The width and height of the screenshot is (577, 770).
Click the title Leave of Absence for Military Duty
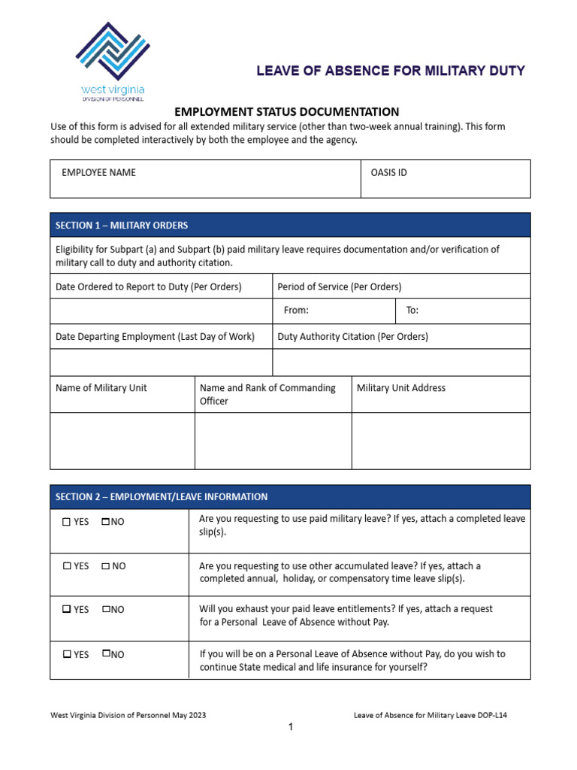(391, 71)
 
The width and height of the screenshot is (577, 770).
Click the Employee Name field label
(98, 172)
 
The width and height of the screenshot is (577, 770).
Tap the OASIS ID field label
(388, 172)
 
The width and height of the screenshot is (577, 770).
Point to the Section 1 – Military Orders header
(122, 226)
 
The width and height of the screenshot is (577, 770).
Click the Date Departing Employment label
(155, 337)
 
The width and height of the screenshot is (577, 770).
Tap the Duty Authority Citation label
(352, 337)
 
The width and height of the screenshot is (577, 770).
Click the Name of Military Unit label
(101, 388)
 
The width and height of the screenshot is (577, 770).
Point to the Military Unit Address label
(400, 388)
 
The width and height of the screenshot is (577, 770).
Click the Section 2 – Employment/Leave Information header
(161, 496)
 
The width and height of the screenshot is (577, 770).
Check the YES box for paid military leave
(67, 522)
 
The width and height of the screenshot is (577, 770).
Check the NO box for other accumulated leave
(105, 566)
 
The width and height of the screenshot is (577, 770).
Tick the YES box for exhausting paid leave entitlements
(67, 610)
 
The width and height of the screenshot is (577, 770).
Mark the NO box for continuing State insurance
(105, 653)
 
